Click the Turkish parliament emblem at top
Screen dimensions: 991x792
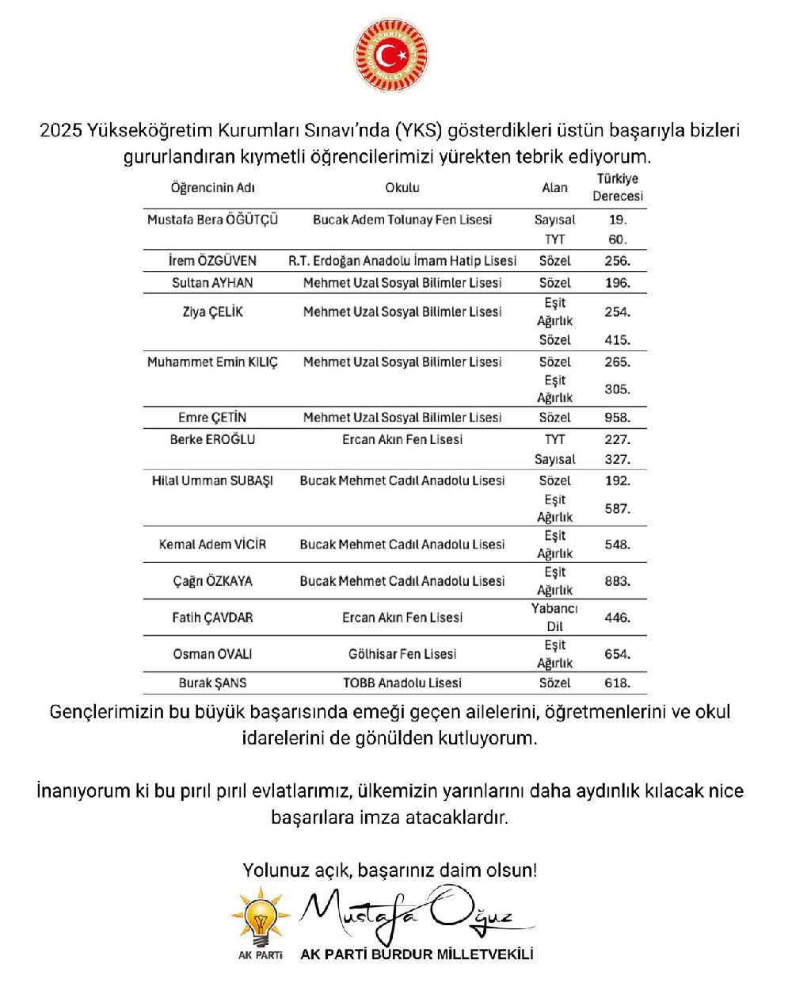(x=390, y=55)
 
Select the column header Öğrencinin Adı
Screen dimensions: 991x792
(x=212, y=188)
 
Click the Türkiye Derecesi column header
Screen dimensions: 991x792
(x=618, y=187)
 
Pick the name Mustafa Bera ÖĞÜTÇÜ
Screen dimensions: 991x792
(x=212, y=220)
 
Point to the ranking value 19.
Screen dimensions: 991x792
(x=618, y=220)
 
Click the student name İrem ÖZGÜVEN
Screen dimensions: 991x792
(x=212, y=261)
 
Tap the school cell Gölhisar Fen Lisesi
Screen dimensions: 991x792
(x=402, y=654)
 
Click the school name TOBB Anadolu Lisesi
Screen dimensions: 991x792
(x=402, y=683)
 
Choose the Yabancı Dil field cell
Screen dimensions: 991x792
(x=554, y=617)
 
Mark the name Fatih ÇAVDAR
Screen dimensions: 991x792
(x=212, y=618)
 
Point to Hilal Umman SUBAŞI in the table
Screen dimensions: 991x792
(x=212, y=480)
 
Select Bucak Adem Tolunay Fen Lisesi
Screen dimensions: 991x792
(x=402, y=220)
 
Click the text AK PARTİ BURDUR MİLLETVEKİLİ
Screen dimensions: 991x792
(x=417, y=955)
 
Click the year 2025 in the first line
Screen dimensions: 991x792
(x=61, y=130)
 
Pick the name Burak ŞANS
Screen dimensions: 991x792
(x=212, y=683)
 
